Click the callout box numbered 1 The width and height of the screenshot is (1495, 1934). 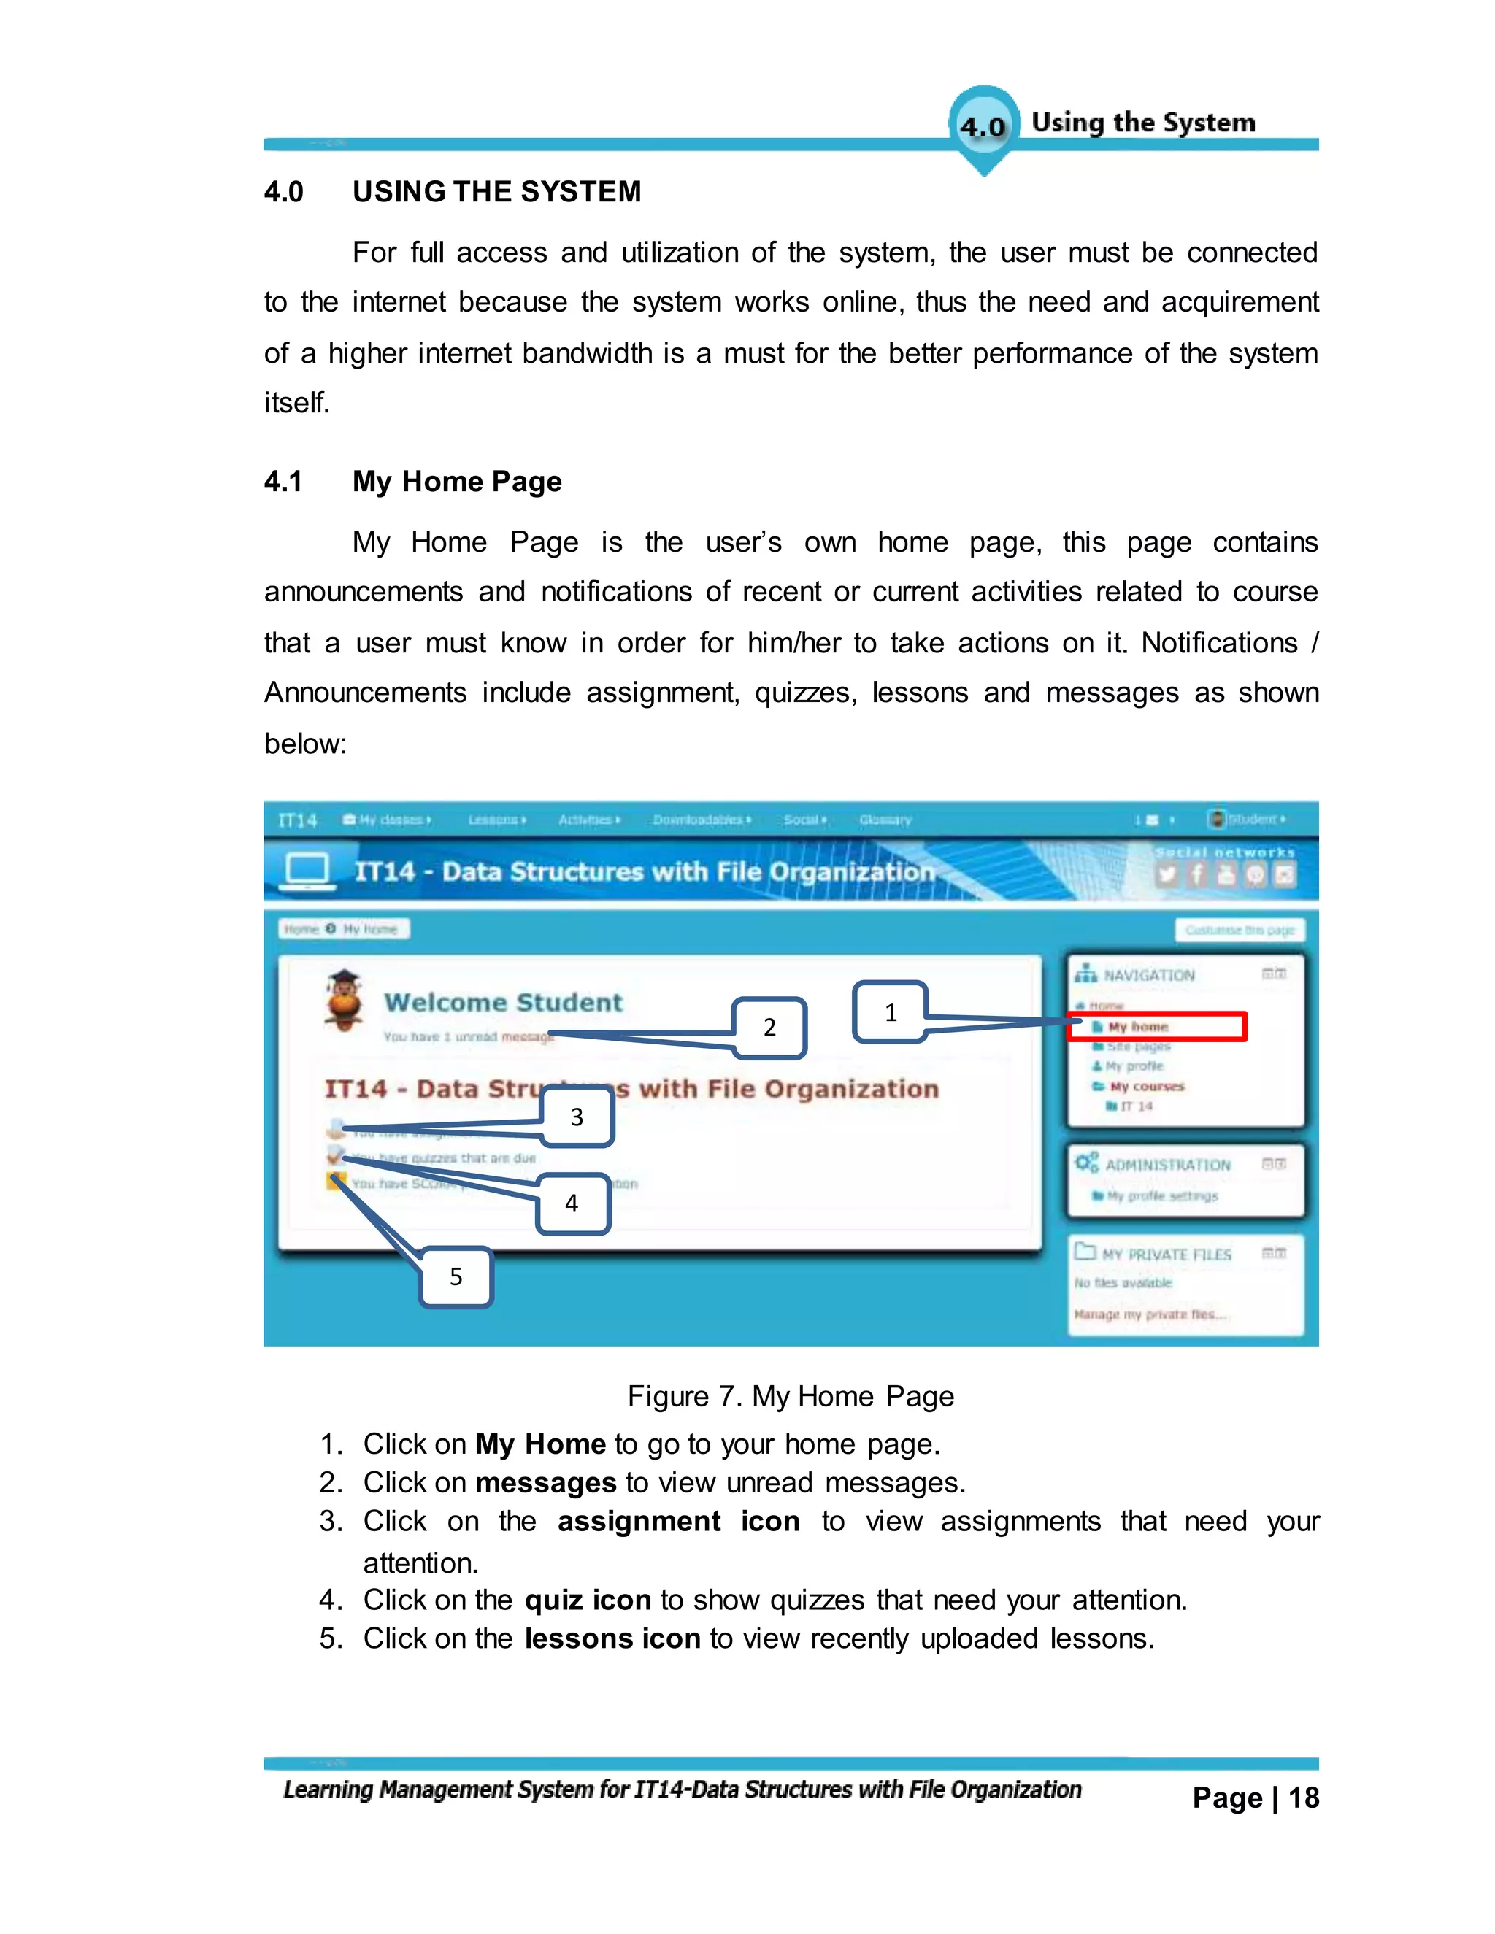pos(890,1012)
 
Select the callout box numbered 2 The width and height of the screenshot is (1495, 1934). pos(769,1028)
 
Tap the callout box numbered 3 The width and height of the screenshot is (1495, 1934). pos(577,1117)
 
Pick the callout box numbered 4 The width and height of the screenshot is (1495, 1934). pos(572,1203)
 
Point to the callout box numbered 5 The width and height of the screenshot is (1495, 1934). pos(456,1276)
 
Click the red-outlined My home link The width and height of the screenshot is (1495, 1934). pos(1157,1026)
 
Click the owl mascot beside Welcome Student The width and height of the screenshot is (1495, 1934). pos(344,1001)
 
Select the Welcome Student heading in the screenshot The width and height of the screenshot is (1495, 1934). pos(503,1003)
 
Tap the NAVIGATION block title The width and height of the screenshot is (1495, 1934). pos(1149,975)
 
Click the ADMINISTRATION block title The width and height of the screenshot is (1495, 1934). pos(1167,1165)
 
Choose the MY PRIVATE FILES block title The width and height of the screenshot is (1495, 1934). pos(1167,1254)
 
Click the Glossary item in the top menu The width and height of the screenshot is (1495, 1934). pos(885,820)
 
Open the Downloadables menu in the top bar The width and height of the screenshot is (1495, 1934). pos(701,820)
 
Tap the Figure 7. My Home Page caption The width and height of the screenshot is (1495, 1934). pos(790,1396)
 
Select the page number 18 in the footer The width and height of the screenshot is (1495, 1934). pos(1303,1798)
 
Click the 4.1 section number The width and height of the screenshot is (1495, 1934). pos(283,482)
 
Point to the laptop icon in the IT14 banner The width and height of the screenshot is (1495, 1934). pos(307,870)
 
